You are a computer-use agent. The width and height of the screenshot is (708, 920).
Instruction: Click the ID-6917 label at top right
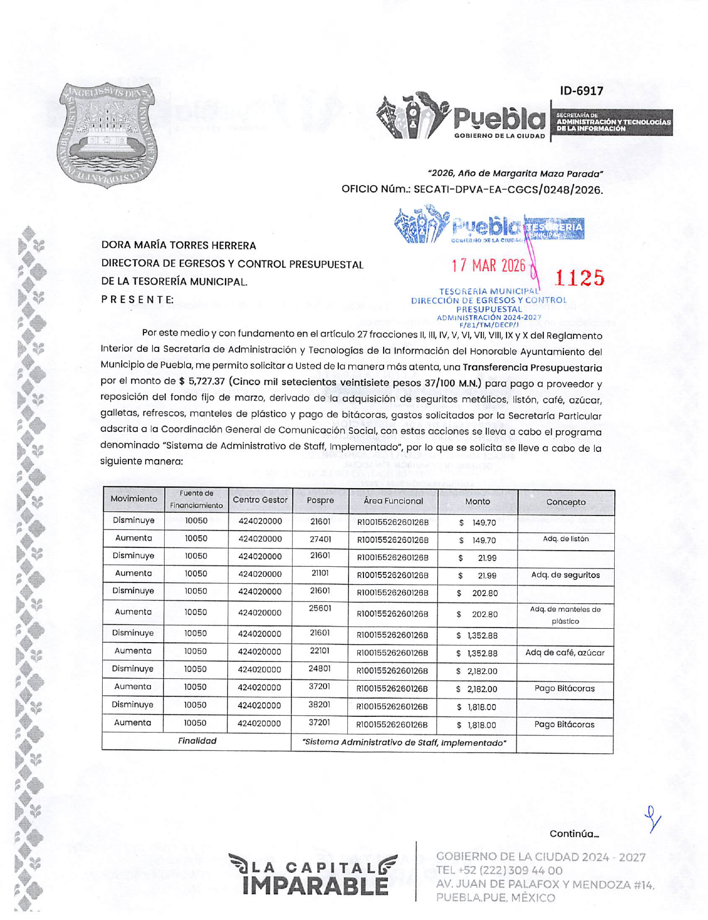581,90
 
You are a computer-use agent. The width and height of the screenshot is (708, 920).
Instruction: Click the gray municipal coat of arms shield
107,134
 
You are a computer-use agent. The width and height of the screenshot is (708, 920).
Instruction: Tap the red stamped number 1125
579,277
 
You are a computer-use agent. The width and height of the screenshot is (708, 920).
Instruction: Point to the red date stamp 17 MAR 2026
489,265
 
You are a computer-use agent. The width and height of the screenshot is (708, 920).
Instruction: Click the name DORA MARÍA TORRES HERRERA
179,245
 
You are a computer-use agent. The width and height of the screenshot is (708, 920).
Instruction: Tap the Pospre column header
320,500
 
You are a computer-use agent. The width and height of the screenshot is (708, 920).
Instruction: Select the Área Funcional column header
393,501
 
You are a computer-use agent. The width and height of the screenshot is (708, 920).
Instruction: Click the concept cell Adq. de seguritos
565,575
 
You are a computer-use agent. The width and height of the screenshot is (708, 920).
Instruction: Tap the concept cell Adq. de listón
565,539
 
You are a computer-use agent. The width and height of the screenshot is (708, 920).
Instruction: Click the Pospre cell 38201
319,705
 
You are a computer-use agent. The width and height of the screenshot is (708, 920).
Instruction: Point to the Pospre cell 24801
319,668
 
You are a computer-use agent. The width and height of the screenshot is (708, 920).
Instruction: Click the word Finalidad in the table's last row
197,741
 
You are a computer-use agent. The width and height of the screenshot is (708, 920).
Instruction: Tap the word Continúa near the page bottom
573,834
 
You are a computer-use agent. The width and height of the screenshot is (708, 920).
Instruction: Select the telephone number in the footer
499,870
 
